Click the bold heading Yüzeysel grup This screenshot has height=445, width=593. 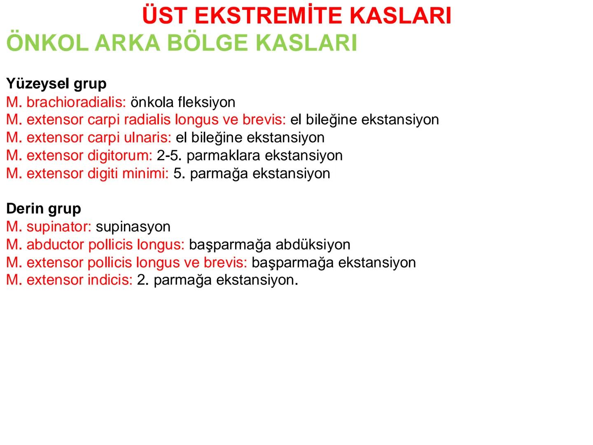(56, 84)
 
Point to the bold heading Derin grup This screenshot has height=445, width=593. (43, 208)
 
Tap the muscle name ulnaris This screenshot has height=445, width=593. (147, 137)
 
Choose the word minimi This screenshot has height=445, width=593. (145, 173)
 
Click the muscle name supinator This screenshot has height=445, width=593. (59, 227)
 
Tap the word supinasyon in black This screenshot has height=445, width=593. (133, 227)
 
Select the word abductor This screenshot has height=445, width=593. (56, 244)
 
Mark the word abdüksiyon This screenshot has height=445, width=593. (313, 244)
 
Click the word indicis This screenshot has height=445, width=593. (110, 280)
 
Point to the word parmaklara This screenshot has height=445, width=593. (223, 155)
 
